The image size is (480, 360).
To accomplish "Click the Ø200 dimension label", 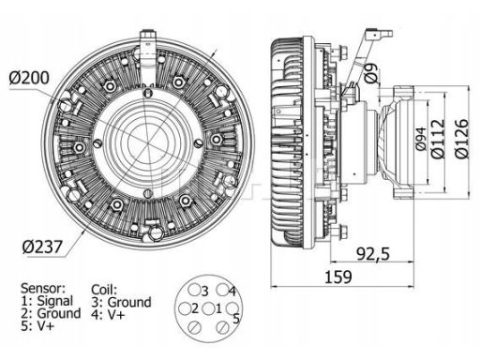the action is pos(29,78).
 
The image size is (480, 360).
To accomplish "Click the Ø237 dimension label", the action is pos(42,247).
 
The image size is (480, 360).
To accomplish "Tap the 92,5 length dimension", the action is pos(373,254).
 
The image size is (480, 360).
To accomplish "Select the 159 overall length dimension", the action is pos(338,277).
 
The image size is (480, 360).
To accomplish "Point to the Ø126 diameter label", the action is pos(462,139).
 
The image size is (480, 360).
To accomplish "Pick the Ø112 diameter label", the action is pos(438,139).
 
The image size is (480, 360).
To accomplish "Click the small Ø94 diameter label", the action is pos(422,139).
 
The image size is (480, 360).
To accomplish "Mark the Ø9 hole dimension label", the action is pos(371,72).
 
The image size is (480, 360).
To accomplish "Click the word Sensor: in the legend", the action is pos(43,288).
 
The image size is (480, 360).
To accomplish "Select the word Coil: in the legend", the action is pos(104,290).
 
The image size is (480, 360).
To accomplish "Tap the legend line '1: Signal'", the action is pos(47,301).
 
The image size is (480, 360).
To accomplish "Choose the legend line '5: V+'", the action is pos(37,326).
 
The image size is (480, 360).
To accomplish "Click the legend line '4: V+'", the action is pos(108,315).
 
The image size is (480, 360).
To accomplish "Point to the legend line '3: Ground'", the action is pos(121,303).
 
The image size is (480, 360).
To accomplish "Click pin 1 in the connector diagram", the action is pos(208,308).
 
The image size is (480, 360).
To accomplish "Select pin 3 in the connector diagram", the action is pos(194,290).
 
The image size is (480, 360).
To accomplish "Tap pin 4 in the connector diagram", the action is pos(222,290).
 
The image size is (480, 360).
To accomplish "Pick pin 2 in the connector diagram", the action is pos(185,308).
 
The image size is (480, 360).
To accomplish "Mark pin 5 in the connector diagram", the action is pos(232,308).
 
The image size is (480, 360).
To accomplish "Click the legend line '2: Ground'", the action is pos(51,313).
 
